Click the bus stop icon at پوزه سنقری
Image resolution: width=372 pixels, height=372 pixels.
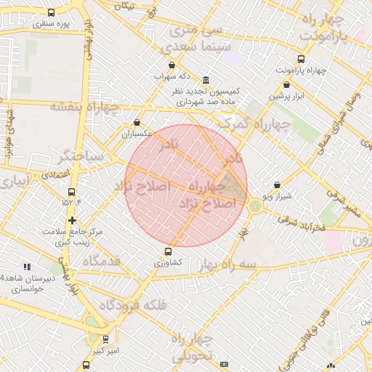point(51,13)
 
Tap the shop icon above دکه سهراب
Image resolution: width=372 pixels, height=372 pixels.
point(171,65)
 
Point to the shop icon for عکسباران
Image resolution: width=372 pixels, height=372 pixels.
point(137,123)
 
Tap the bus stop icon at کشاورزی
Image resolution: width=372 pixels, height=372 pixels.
point(169,251)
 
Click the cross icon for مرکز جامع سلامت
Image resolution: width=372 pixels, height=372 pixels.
point(72,220)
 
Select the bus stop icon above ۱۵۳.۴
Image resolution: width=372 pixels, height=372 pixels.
point(71,192)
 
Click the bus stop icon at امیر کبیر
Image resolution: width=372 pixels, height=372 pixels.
point(105,339)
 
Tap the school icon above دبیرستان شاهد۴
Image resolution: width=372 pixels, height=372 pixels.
point(28,267)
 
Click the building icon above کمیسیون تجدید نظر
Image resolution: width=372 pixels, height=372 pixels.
point(207,80)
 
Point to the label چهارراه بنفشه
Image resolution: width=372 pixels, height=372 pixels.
point(81,107)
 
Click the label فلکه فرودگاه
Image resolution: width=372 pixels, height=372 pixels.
point(133,305)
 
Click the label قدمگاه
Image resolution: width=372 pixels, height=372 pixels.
point(100,261)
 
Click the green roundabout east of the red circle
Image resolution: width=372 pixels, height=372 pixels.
point(255,206)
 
